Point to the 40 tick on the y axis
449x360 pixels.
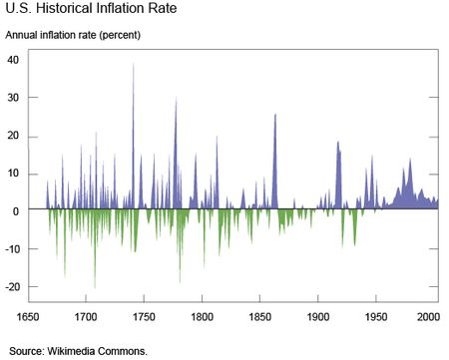tap(14, 59)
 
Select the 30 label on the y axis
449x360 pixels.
tap(14, 98)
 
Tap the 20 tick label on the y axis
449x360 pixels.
tap(14, 136)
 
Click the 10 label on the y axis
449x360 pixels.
tap(14, 174)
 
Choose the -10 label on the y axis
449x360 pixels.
tap(12, 249)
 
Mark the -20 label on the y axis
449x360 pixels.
tap(12, 287)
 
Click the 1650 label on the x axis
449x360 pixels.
tap(29, 316)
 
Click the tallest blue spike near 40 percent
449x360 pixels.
tap(134, 66)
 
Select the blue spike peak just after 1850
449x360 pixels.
tap(275, 116)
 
